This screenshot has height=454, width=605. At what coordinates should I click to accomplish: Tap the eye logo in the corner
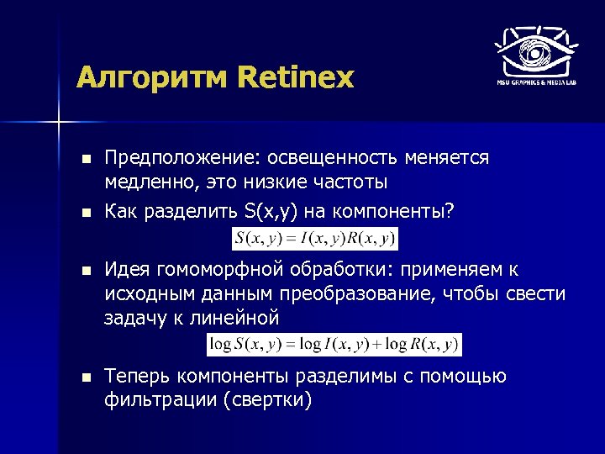pos(535,51)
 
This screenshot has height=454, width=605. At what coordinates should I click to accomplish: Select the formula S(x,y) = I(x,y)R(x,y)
pos(314,239)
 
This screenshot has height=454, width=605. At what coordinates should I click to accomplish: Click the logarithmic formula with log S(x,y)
pos(334,344)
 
